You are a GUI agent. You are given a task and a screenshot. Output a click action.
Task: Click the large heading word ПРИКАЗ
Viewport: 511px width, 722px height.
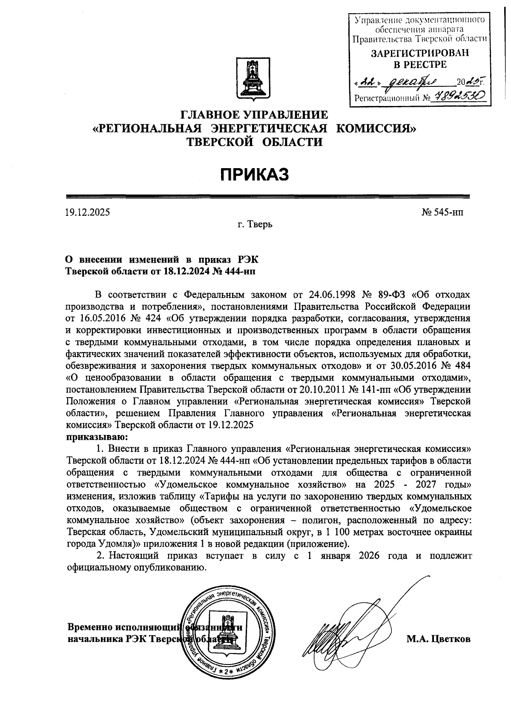(255, 174)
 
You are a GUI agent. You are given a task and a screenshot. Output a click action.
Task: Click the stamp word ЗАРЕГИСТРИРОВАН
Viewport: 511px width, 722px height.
(419, 53)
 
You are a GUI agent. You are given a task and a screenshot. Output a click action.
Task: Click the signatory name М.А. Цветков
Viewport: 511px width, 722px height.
(439, 639)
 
